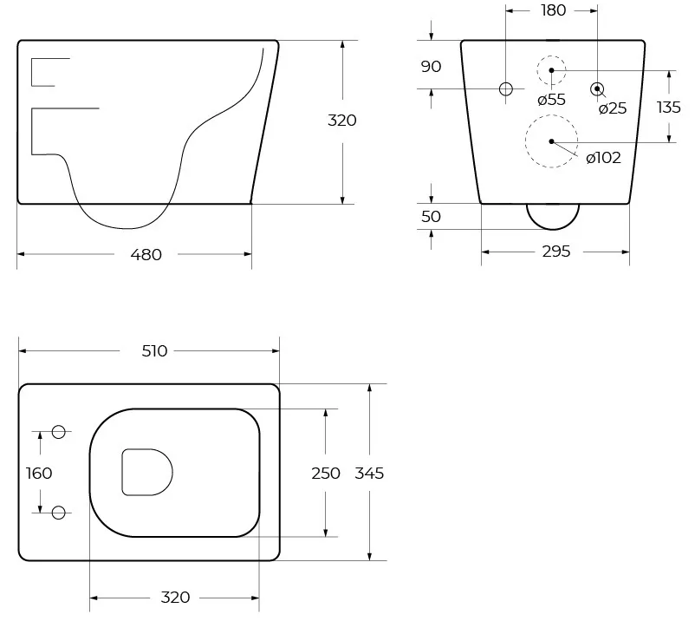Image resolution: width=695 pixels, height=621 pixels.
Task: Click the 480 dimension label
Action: point(146,255)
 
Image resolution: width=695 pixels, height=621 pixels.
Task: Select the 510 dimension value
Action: point(154,351)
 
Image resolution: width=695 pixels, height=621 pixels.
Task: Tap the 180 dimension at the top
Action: point(553,10)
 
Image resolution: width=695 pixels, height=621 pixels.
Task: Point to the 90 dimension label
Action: point(431,67)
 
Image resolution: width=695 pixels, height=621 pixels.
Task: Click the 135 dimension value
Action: point(668,107)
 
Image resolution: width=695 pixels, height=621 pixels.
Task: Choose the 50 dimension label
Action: point(431,217)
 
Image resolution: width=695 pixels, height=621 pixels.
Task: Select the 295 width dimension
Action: point(555,252)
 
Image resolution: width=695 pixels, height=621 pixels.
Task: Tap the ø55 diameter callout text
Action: point(551,100)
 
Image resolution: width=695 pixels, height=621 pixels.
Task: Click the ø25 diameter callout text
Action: point(613,108)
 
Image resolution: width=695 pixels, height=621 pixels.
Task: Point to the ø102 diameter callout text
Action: point(603,158)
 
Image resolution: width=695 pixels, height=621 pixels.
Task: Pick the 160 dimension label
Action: point(39,474)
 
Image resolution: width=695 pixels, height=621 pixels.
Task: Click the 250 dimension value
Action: point(326,474)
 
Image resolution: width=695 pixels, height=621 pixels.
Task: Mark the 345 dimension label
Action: point(369,474)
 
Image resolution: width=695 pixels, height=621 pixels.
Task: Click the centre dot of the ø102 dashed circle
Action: point(551,141)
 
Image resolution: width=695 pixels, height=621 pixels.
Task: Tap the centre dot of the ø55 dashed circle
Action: point(551,70)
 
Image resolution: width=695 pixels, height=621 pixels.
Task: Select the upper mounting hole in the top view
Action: point(59,432)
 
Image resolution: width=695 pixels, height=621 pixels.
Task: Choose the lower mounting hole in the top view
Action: point(59,513)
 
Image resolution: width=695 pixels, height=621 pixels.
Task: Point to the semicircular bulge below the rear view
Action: point(553,228)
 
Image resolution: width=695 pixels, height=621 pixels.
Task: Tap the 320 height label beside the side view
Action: point(341,121)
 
